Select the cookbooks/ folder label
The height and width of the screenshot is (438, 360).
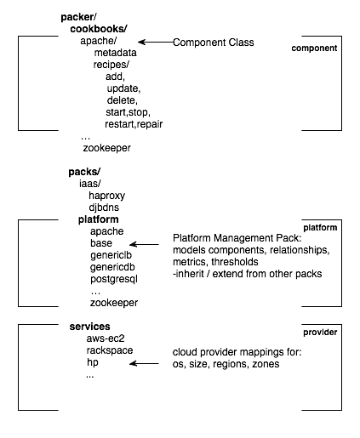pos(98,29)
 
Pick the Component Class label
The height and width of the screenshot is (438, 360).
pos(213,42)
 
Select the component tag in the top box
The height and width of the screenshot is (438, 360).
pos(314,48)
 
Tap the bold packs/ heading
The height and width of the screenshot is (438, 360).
pos(84,171)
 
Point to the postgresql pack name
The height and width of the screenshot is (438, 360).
pos(114,278)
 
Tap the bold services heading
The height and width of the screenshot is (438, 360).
pos(90,327)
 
